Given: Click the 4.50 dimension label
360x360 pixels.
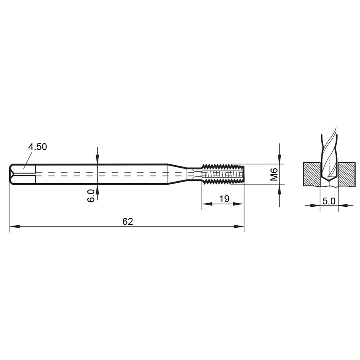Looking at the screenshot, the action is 38,147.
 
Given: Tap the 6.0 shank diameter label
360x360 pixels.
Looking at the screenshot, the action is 91,196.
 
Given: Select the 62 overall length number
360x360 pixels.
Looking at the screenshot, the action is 128,222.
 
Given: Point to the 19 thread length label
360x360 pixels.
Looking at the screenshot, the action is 224,199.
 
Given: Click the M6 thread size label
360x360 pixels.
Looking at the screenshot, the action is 274,174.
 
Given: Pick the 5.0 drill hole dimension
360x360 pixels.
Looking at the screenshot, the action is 329,201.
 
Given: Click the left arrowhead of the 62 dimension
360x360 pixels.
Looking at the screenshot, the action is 14,227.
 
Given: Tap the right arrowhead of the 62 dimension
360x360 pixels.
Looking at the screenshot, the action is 239,227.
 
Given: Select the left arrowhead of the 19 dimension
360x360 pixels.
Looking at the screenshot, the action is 207,204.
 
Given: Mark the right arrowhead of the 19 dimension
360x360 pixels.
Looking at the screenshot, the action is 238,204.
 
